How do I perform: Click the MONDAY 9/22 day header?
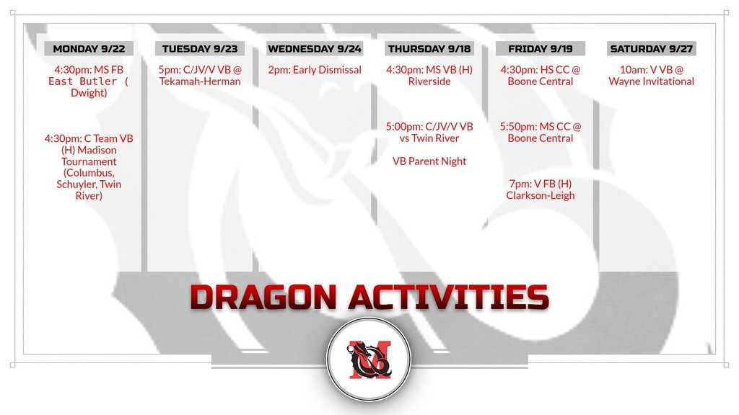89,48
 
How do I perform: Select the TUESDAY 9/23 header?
200,48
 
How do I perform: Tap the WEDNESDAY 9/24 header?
315,48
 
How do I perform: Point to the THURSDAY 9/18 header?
429,48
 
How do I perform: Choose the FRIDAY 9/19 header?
540,48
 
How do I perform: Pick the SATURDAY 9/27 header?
652,48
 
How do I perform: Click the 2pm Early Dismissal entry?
315,70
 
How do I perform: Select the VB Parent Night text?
429,161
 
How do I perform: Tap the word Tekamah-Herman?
200,81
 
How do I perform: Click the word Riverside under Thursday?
429,81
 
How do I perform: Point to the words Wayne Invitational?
652,81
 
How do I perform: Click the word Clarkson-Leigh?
540,195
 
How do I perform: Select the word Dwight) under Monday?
89,93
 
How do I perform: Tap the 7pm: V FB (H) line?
540,184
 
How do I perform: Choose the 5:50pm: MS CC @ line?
540,127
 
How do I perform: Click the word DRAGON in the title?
263,298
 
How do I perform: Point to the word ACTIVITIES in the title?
449,298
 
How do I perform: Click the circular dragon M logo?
369,360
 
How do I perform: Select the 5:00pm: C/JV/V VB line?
429,127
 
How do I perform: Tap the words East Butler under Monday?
82,81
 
